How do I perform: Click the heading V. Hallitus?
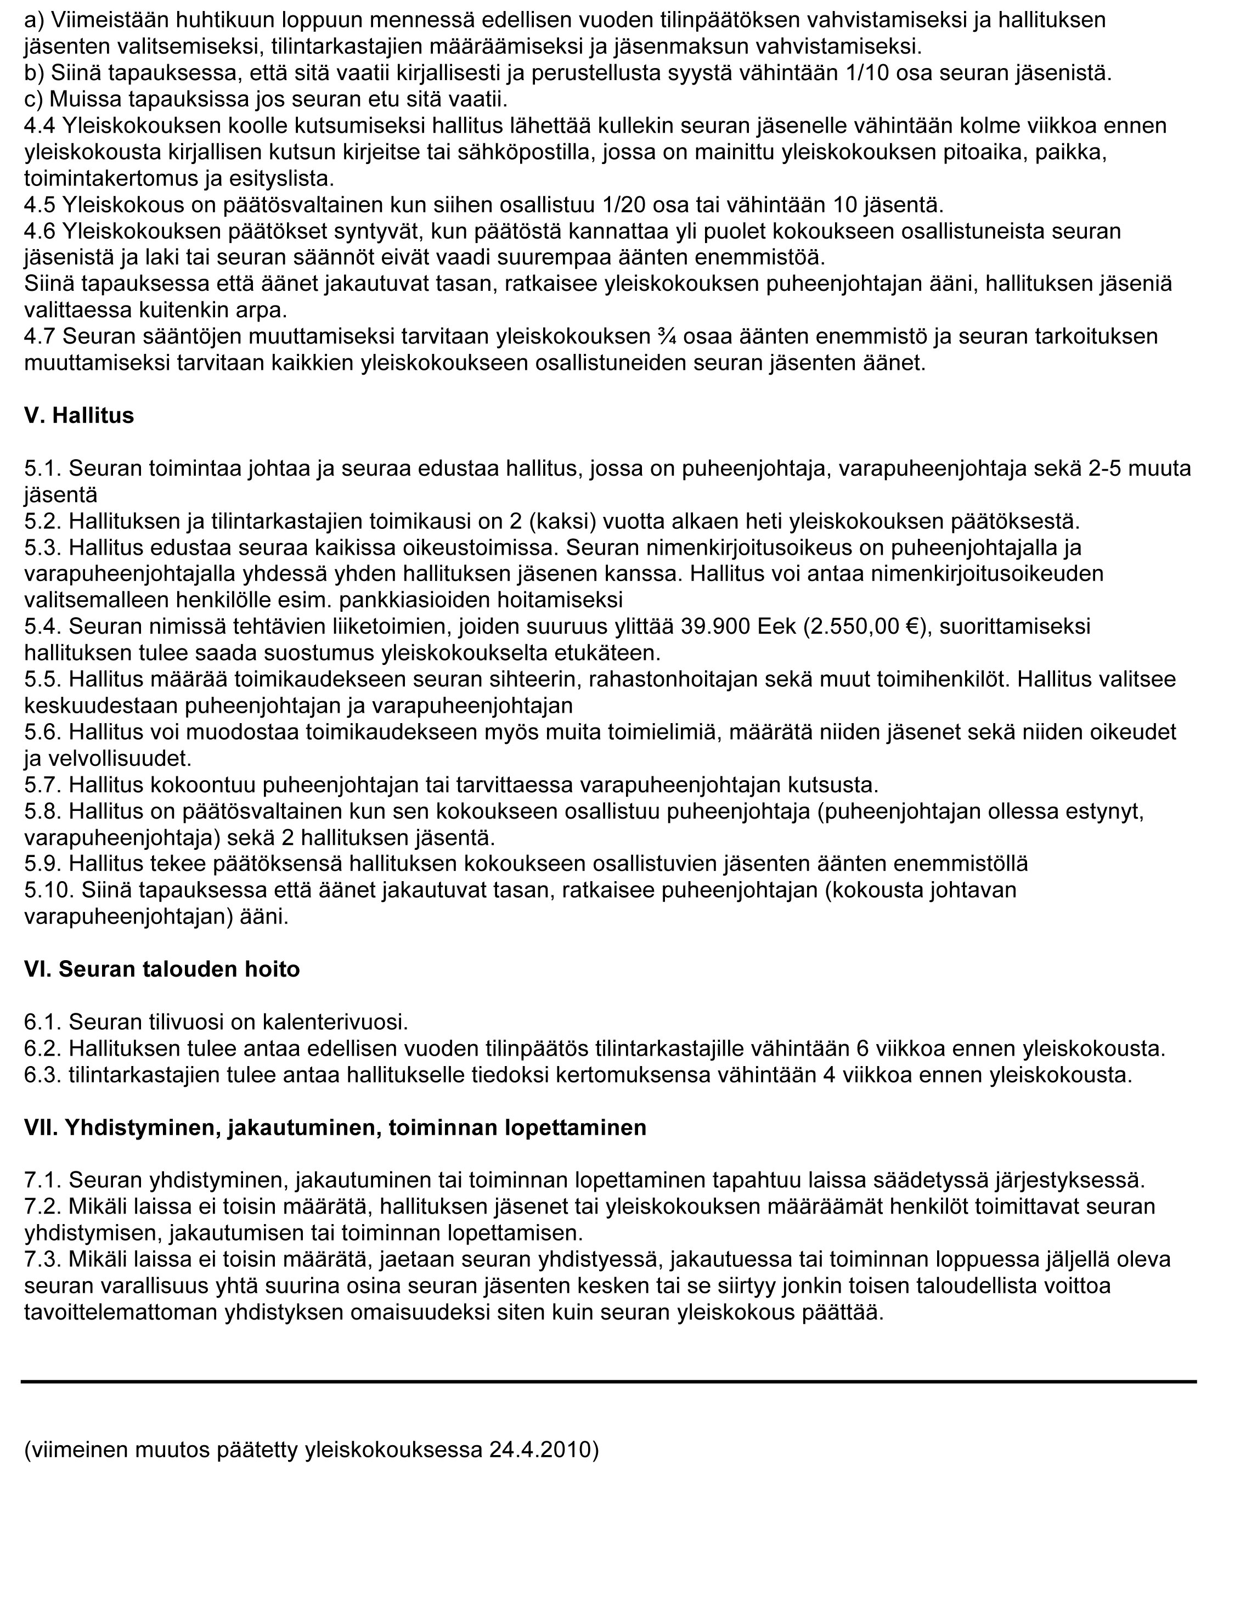79,416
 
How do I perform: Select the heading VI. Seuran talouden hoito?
162,969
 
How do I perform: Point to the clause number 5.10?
49,890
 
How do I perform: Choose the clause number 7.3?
42,1259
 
